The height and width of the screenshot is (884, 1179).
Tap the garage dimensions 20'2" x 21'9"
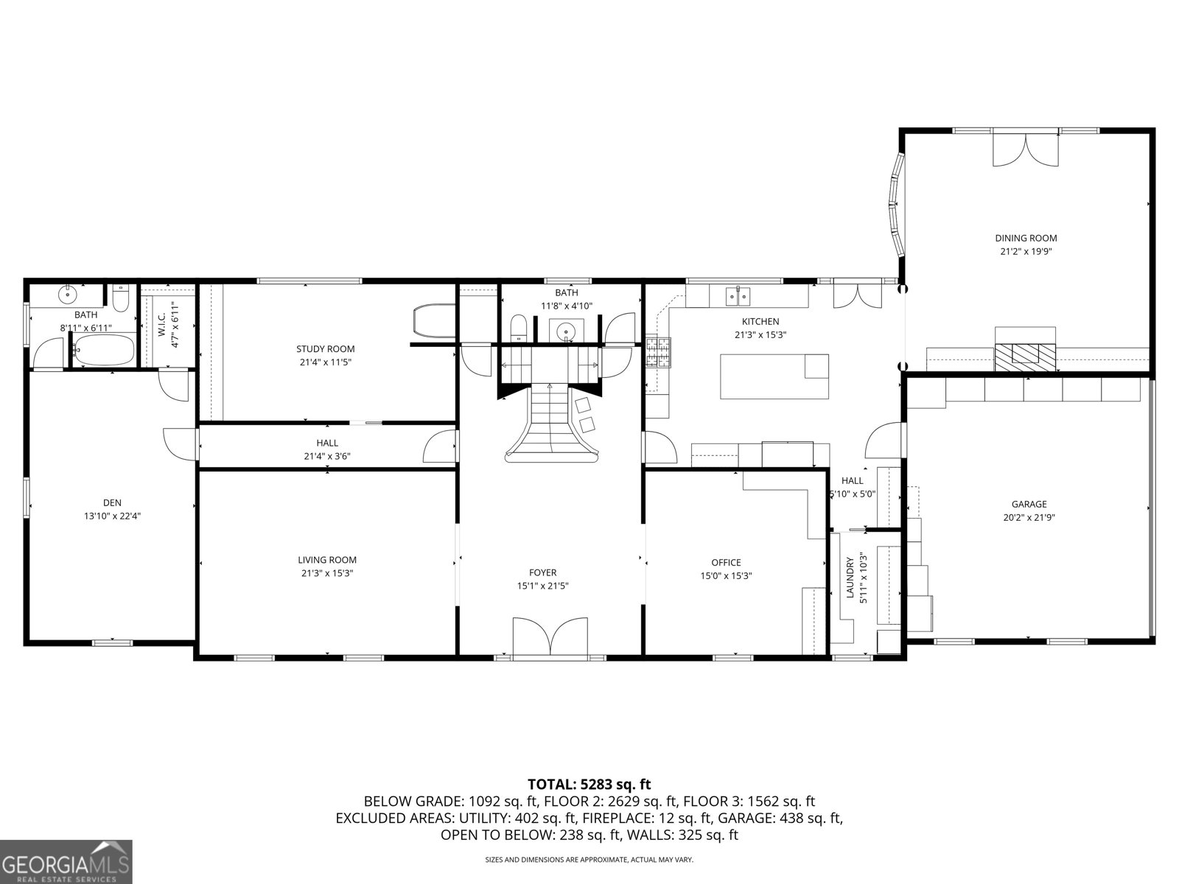point(1029,517)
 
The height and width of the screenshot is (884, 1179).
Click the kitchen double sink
point(738,296)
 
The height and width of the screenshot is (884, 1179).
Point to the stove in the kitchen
point(660,351)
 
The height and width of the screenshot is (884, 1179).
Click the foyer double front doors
point(550,635)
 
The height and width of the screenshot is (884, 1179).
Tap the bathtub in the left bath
point(103,350)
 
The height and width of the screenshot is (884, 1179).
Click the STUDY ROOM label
point(325,348)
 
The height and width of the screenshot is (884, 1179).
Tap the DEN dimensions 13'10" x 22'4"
point(112,516)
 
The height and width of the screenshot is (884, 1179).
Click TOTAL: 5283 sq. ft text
point(589,784)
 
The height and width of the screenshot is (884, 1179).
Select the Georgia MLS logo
point(66,862)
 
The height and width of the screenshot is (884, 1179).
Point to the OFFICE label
point(726,563)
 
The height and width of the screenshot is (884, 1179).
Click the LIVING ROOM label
point(327,560)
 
